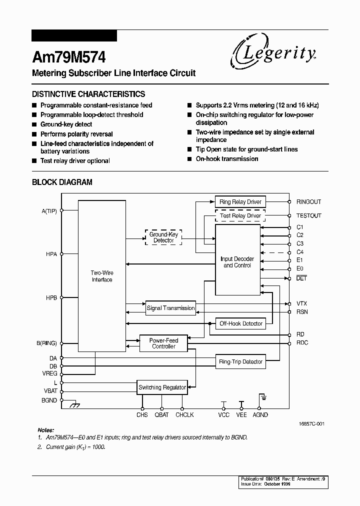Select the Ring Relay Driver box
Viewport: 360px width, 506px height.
click(x=240, y=202)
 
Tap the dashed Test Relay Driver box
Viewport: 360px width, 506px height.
click(x=240, y=216)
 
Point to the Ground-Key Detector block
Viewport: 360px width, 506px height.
click(x=163, y=237)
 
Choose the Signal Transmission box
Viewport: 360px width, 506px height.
click(x=170, y=308)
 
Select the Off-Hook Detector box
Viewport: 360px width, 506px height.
click(x=240, y=323)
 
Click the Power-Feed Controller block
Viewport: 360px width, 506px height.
click(x=163, y=343)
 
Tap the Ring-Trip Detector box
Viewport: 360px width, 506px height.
click(x=240, y=361)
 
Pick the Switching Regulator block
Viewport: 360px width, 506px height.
click(x=162, y=387)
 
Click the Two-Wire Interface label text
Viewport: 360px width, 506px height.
click(x=101, y=276)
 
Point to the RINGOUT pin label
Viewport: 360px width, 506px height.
click(x=308, y=202)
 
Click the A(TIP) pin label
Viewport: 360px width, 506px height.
click(x=49, y=211)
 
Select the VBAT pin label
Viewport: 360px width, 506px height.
click(x=50, y=391)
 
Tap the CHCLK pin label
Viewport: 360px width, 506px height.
click(x=184, y=415)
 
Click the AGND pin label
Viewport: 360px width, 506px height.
click(x=260, y=415)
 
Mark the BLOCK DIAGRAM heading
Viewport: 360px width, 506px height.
click(x=62, y=182)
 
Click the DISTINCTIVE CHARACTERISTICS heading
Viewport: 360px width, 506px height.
click(x=88, y=94)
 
